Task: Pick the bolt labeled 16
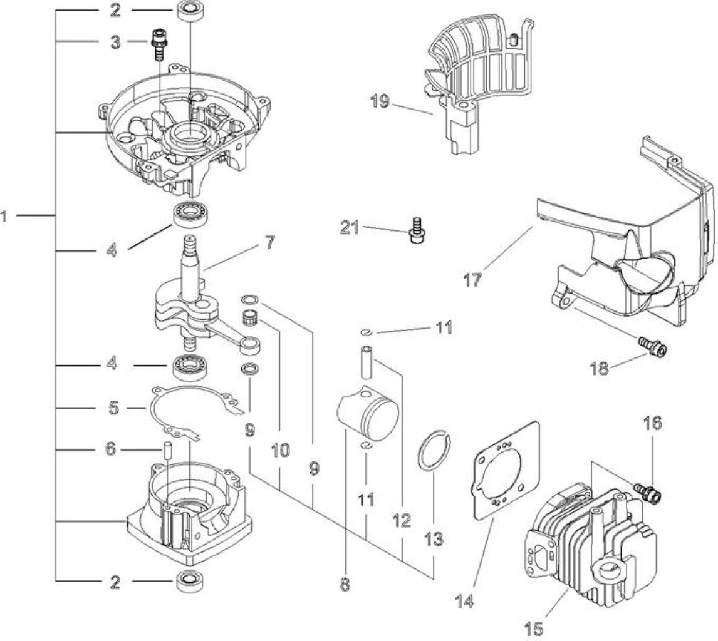(x=647, y=492)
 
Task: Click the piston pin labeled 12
(x=367, y=362)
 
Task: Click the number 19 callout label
(x=380, y=101)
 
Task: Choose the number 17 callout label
(x=472, y=279)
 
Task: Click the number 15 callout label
(x=533, y=629)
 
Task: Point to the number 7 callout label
(x=269, y=242)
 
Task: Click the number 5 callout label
(x=113, y=408)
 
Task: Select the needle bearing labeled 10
(x=249, y=315)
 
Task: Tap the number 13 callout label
(x=434, y=539)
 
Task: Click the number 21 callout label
(x=350, y=227)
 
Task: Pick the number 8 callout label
(x=345, y=583)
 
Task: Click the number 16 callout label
(x=652, y=423)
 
